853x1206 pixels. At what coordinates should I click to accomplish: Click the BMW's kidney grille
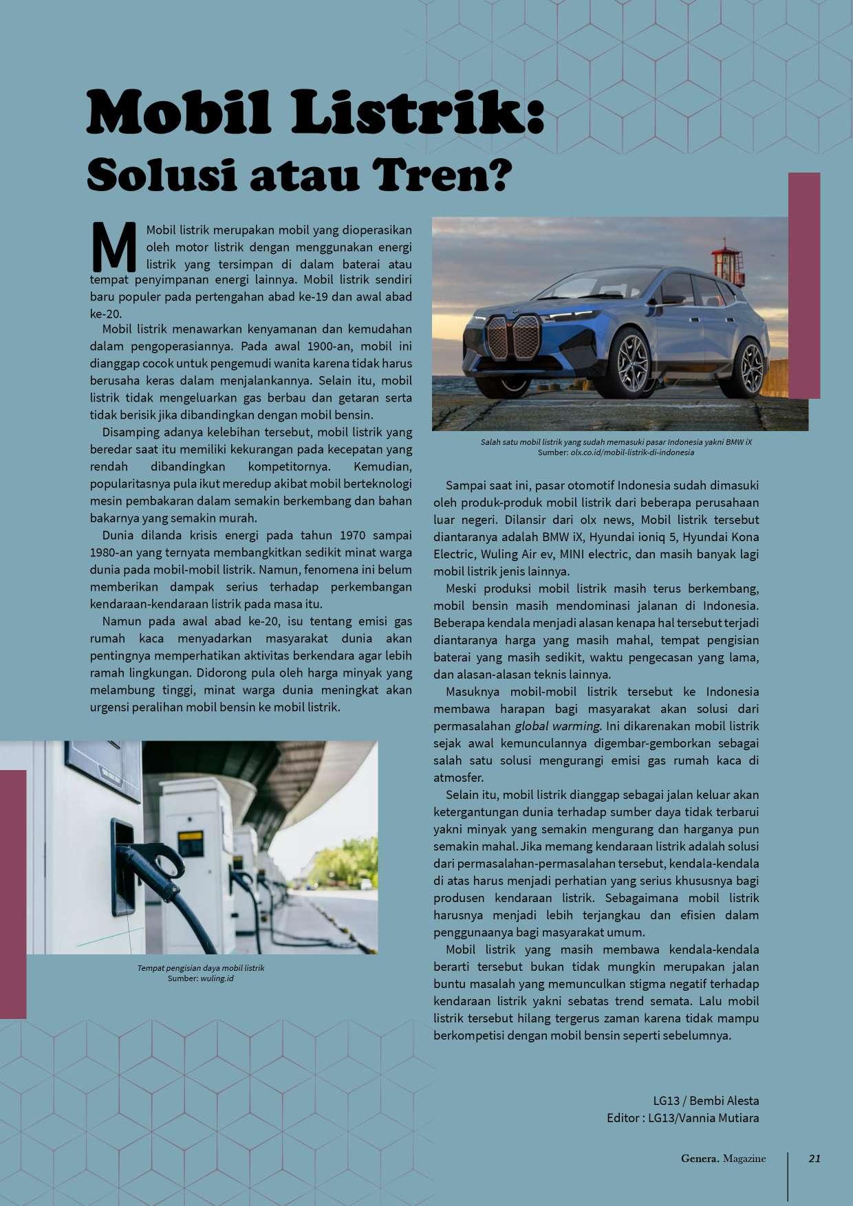point(512,337)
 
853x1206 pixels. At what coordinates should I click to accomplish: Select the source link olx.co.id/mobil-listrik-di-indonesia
point(632,452)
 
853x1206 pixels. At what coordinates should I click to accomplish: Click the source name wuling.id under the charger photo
point(217,978)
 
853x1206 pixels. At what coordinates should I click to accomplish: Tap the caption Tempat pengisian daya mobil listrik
point(201,967)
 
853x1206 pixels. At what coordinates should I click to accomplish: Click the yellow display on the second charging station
point(190,842)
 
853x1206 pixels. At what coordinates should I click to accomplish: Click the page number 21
point(814,1159)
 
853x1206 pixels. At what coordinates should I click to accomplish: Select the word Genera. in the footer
point(700,1159)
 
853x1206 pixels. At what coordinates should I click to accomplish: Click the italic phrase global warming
point(558,726)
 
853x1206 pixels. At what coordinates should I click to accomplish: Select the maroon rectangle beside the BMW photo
point(804,285)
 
